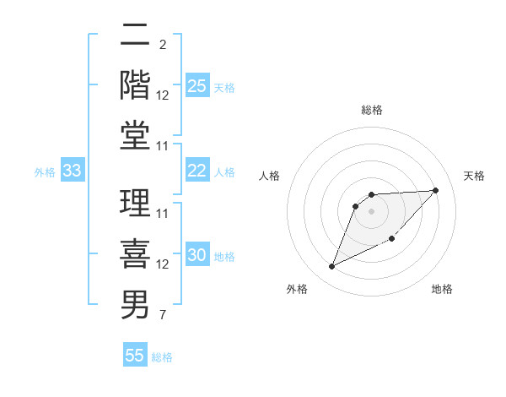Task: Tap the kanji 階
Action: [136, 84]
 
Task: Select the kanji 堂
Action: [136, 135]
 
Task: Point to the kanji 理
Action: [136, 204]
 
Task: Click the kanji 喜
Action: [136, 254]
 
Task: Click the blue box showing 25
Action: [197, 86]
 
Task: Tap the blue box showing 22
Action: [197, 171]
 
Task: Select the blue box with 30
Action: [197, 256]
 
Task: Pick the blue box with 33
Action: [73, 171]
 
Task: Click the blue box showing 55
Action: [135, 356]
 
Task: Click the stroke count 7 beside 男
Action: [162, 315]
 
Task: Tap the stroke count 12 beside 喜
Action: [163, 264]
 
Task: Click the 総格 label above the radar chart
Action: [372, 110]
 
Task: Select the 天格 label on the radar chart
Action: [475, 176]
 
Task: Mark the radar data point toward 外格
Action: [331, 267]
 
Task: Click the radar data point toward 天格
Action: [435, 190]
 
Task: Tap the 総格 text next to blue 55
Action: [162, 357]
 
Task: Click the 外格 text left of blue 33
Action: [45, 172]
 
